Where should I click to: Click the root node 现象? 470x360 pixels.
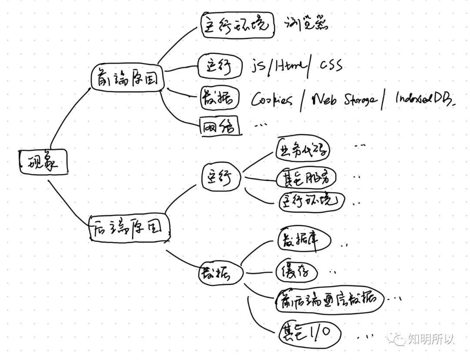[x=44, y=163]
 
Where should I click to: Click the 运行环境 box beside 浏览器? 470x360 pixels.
[x=238, y=25]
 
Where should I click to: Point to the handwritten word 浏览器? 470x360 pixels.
[x=306, y=24]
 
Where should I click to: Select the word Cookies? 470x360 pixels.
[x=272, y=100]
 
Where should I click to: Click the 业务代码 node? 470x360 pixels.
[x=303, y=150]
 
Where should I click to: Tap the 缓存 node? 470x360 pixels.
[x=296, y=272]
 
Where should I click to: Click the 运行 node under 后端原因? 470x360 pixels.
[x=221, y=177]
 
